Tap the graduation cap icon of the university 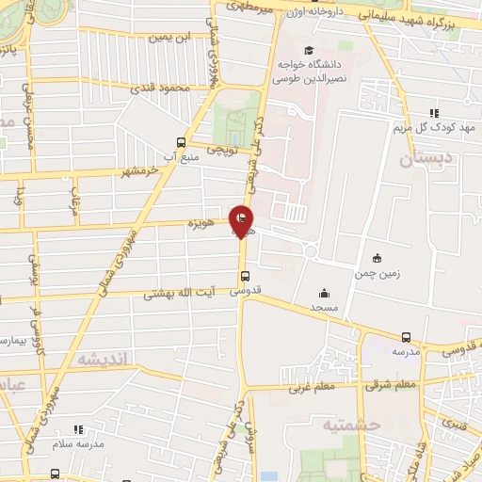(x=307, y=50)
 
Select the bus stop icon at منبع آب (x=181, y=143)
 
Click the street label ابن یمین (x=170, y=38)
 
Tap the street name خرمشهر (x=138, y=171)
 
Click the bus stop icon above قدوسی (x=245, y=276)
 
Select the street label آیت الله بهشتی (x=179, y=294)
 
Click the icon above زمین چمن (x=378, y=258)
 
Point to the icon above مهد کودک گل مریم (x=434, y=112)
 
